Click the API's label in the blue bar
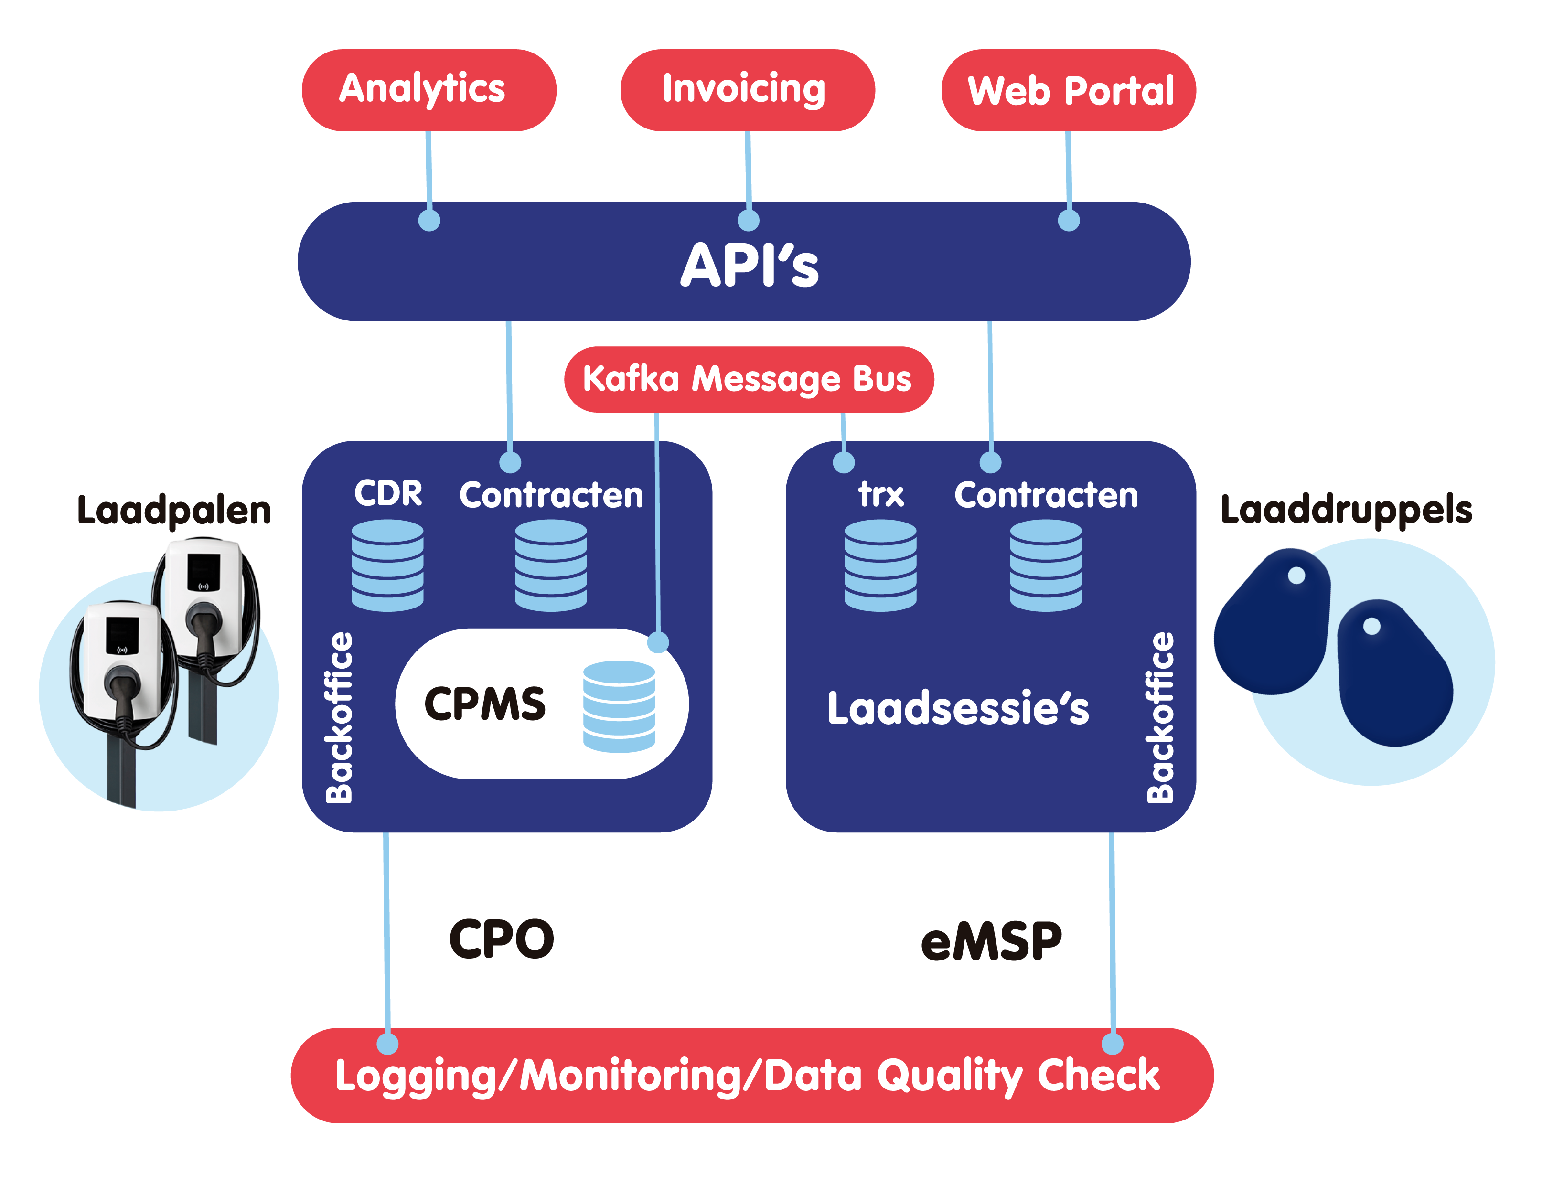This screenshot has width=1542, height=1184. coord(749,265)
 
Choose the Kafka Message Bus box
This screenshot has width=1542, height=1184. coord(749,379)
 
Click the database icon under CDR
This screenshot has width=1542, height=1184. coord(387,565)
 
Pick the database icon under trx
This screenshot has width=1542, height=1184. coord(880,565)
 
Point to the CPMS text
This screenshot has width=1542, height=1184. coord(485,704)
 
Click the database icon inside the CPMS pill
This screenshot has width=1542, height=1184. coord(619,706)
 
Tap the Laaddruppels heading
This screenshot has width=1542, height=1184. coord(1346,510)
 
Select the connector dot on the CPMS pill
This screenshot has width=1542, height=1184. coord(657,642)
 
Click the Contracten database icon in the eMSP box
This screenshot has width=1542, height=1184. coord(1046,565)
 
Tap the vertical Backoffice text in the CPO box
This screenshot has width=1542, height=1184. coord(340,717)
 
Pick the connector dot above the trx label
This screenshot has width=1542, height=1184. coord(844,462)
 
